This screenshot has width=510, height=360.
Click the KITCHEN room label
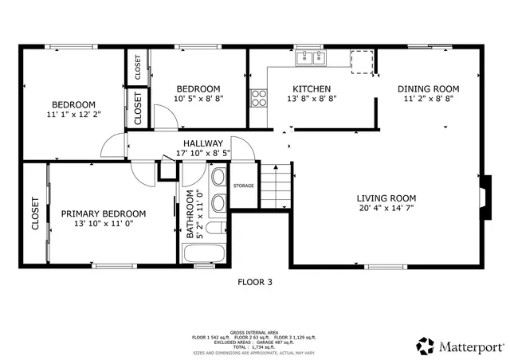click(x=312, y=88)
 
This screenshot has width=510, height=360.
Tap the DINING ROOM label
click(x=429, y=88)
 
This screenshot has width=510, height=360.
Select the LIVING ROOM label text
click(x=386, y=198)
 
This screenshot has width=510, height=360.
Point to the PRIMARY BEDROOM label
click(x=104, y=213)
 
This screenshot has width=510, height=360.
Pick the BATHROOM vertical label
click(x=190, y=215)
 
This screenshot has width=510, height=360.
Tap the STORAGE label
click(x=243, y=186)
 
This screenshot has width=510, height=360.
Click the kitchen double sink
click(x=312, y=57)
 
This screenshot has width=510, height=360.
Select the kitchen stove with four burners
click(x=259, y=99)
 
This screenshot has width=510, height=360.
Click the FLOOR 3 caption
click(x=255, y=281)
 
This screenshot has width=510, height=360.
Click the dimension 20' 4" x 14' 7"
click(x=386, y=209)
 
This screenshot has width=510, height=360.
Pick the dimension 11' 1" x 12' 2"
click(x=74, y=115)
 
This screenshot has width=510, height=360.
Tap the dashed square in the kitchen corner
click(x=363, y=62)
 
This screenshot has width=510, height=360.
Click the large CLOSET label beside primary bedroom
click(x=35, y=213)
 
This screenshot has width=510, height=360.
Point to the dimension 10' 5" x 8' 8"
click(x=198, y=99)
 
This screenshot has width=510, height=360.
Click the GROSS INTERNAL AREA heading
click(x=254, y=332)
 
